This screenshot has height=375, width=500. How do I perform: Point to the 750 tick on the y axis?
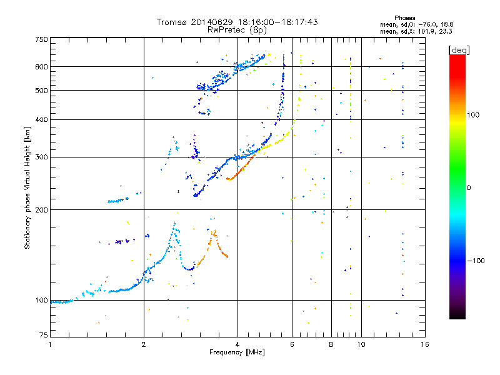[x=41, y=39]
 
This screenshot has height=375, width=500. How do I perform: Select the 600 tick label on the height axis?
[x=41, y=67]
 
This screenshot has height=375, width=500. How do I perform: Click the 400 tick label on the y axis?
[x=41, y=119]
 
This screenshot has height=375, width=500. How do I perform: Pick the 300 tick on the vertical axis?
[x=41, y=157]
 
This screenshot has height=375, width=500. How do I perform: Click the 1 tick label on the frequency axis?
[x=50, y=344]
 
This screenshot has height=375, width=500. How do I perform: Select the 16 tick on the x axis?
[x=425, y=344]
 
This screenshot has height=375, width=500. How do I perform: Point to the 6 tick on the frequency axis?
[x=292, y=344]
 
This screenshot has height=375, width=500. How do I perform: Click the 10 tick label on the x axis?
[x=361, y=344]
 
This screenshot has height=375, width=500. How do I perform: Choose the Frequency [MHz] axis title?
[x=237, y=352]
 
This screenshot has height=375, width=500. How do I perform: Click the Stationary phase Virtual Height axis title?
[x=27, y=188]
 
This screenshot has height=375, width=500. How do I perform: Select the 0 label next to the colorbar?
[x=469, y=187]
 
